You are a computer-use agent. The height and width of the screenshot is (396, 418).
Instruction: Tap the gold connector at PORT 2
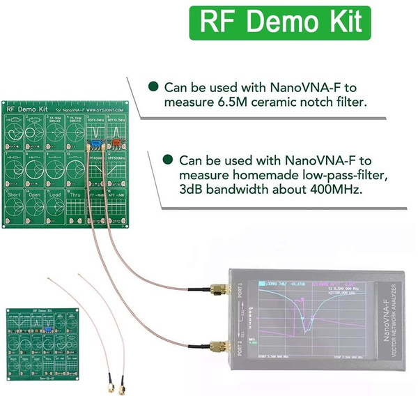point(217,344)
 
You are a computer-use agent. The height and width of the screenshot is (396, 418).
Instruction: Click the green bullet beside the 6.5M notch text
point(153,87)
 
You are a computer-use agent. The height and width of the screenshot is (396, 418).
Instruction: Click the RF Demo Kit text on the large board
point(26,109)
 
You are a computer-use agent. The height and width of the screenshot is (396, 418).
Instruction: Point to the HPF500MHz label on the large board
point(118,159)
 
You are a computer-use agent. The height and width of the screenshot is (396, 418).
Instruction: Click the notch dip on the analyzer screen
point(305,330)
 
